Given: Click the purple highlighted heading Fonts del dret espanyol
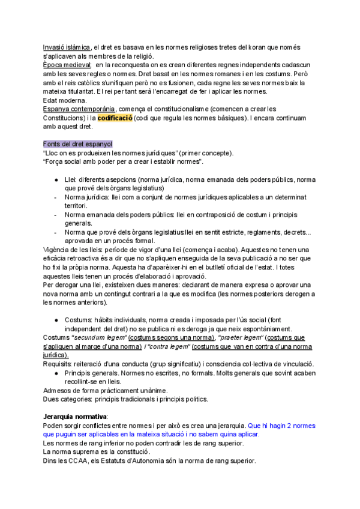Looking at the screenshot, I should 77,145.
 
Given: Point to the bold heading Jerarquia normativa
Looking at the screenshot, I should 75,416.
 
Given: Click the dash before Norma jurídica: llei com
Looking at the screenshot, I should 55,197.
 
